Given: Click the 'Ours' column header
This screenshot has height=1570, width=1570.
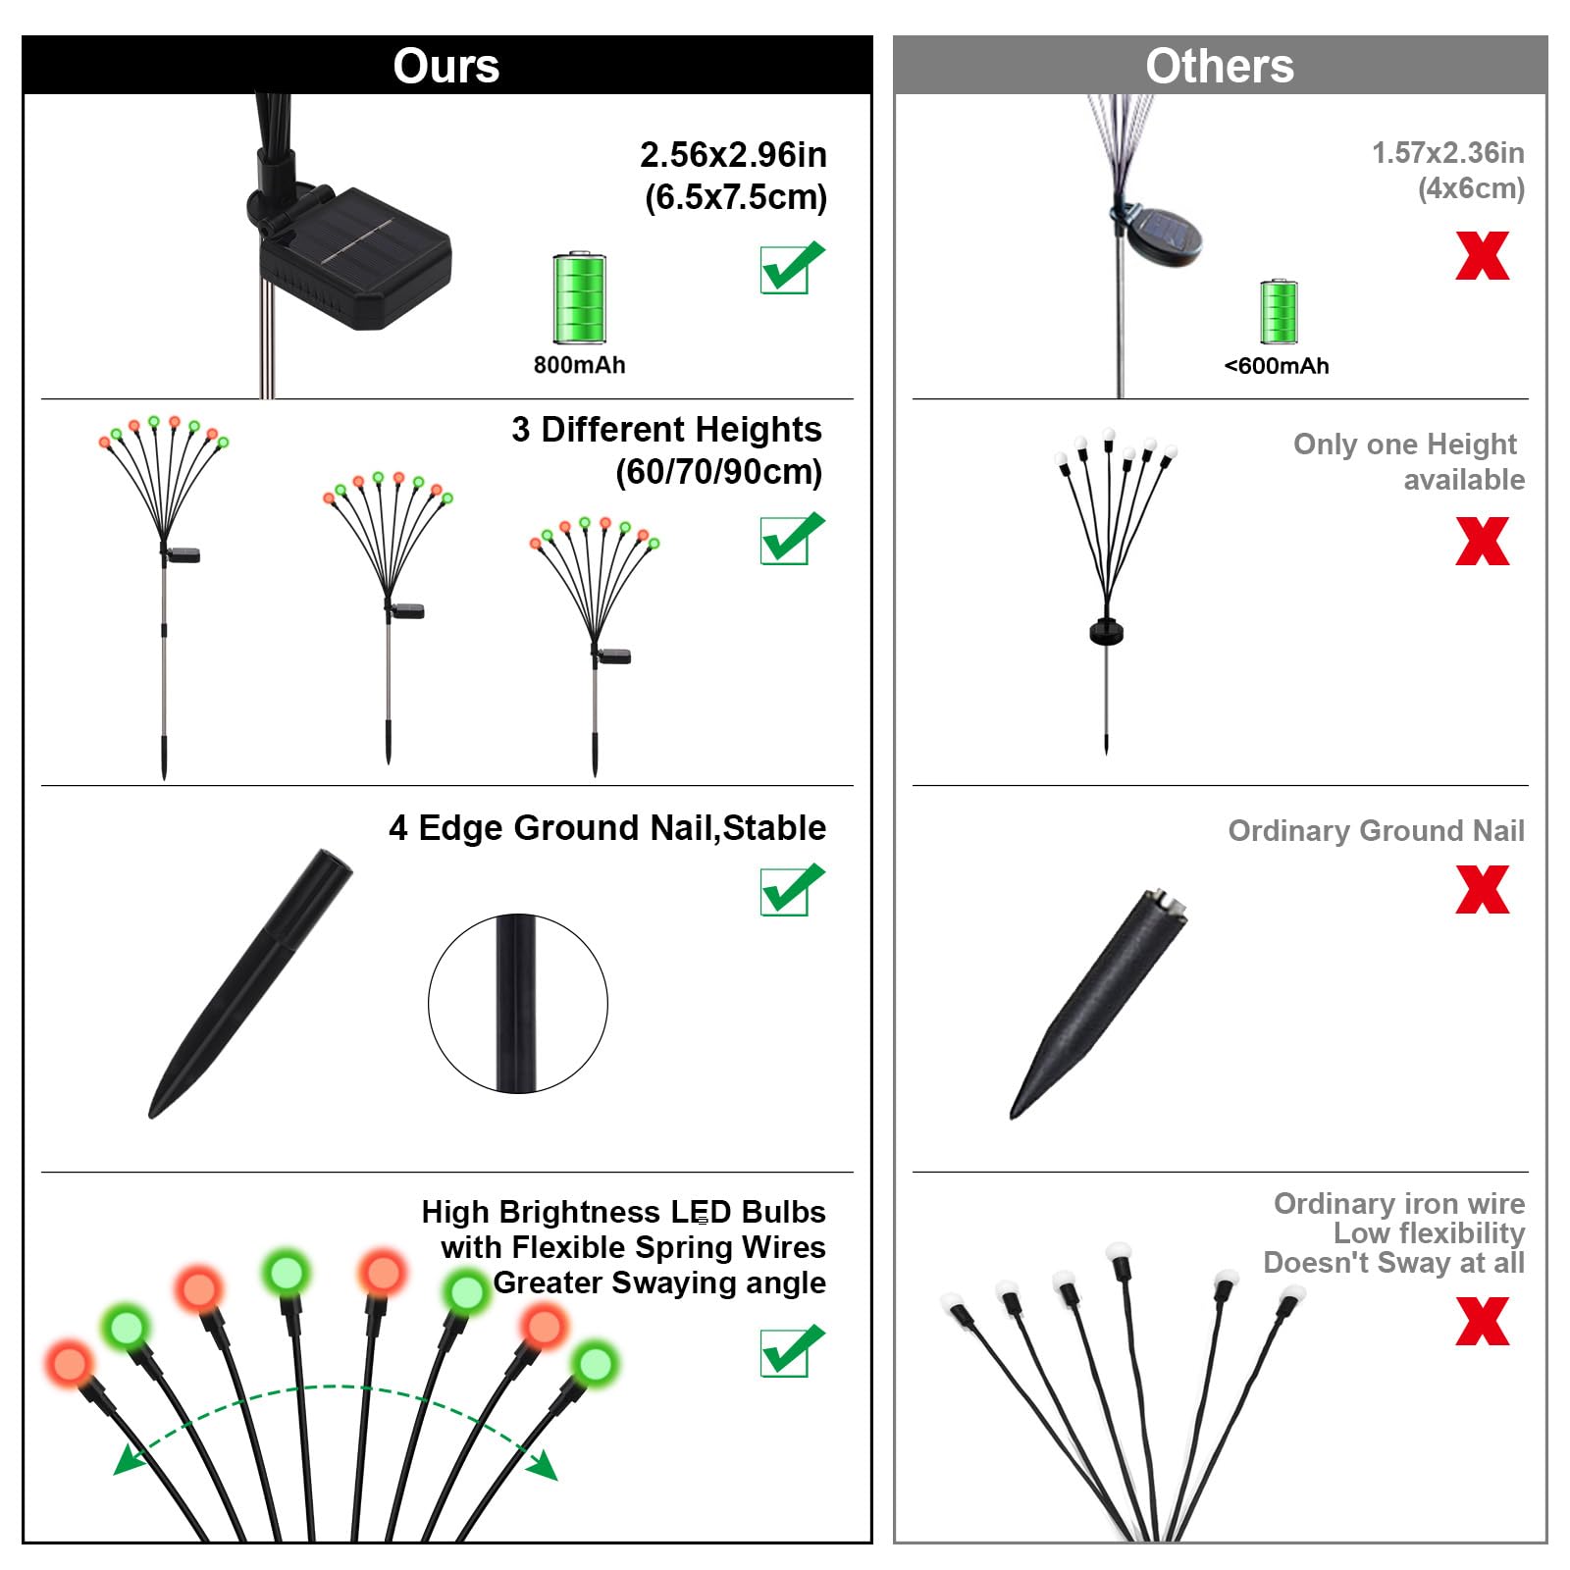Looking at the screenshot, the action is click(x=446, y=66).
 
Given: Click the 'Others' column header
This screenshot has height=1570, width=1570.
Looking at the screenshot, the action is click(x=1219, y=66).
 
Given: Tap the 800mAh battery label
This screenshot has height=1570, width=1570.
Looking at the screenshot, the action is click(x=579, y=365).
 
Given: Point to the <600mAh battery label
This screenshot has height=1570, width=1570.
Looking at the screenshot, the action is click(x=1277, y=366).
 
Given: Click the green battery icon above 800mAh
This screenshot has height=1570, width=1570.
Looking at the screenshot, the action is click(x=580, y=297).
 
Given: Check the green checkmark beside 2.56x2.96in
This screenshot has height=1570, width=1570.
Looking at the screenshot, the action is click(x=791, y=267).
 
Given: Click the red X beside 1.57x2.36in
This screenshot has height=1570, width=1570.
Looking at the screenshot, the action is click(x=1482, y=256).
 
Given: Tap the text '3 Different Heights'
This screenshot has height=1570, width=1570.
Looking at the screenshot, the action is click(x=666, y=430).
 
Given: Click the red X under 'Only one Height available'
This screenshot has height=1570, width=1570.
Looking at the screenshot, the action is click(x=1482, y=542).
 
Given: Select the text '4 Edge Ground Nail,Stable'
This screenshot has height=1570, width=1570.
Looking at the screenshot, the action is click(x=607, y=828).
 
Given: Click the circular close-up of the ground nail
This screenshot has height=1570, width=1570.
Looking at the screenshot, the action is click(x=517, y=1004).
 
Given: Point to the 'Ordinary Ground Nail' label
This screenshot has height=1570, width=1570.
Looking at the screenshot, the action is click(x=1376, y=831).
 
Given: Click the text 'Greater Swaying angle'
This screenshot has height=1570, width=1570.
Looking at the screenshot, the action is click(x=659, y=1282).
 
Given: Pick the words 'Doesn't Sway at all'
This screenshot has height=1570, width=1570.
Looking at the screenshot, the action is click(x=1393, y=1263).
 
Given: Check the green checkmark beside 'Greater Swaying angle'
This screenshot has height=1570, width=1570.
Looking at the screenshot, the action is click(x=791, y=1351).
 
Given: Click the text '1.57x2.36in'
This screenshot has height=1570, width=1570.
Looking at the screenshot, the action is click(x=1447, y=153).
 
